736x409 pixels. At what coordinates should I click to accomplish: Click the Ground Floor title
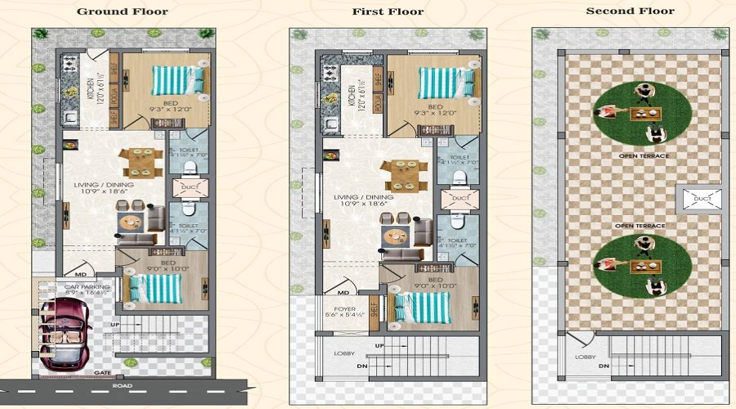pyautogui.click(x=122, y=11)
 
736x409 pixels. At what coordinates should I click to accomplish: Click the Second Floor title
pyautogui.click(x=630, y=11)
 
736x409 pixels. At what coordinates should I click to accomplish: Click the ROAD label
pyautogui.click(x=123, y=385)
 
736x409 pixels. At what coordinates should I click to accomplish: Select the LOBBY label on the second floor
pyautogui.click(x=585, y=357)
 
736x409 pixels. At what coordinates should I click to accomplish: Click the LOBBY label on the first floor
pyautogui.click(x=344, y=353)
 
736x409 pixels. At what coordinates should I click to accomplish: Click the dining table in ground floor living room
pyautogui.click(x=137, y=161)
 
